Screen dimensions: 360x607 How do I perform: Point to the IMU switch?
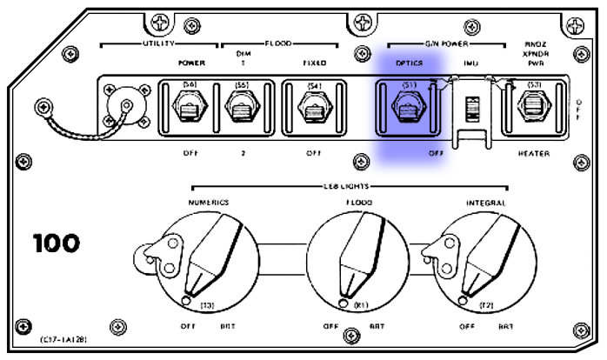pos(470,110)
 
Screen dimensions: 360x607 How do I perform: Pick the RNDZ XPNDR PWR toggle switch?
pos(534,110)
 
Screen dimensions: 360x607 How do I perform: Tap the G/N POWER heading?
pos(444,43)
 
